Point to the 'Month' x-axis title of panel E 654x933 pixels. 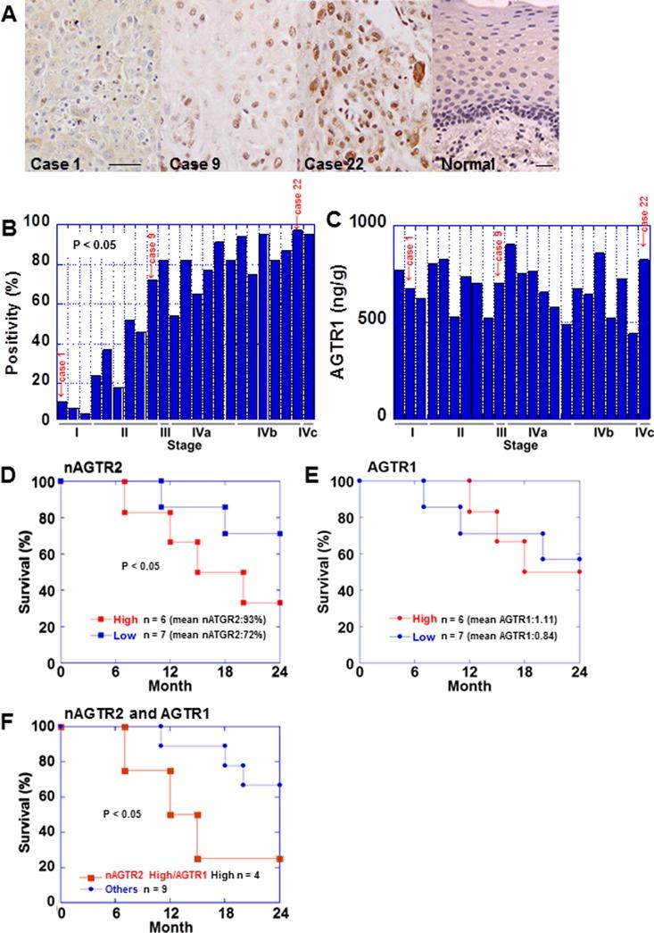pyautogui.click(x=469, y=688)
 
